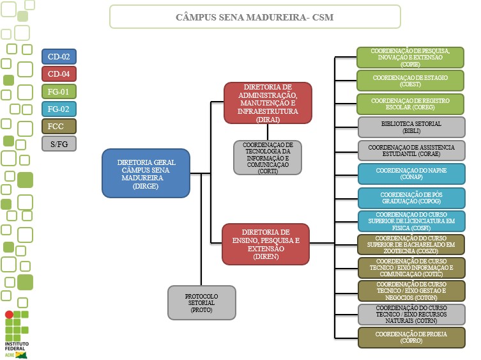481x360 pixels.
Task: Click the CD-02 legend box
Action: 59,56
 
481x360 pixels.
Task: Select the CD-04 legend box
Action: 59,74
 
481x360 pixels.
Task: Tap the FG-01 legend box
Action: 59,91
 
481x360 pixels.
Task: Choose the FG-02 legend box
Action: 59,109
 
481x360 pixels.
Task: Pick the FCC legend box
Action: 59,126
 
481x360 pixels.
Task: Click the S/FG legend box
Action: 59,143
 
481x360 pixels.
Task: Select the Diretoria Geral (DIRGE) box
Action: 146,173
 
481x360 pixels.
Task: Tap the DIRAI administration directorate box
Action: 268,102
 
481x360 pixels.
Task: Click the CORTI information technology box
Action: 268,157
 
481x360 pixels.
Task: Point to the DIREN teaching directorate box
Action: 266,243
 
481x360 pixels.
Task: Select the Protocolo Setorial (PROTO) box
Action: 201,302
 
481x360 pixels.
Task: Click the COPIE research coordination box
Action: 411,58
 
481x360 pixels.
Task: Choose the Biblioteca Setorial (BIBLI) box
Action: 411,127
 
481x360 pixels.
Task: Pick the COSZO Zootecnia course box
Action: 411,244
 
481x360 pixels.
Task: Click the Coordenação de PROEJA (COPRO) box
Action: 411,337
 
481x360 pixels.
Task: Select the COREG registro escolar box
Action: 411,104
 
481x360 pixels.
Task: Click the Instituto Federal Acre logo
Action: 17,333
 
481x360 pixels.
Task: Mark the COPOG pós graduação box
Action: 411,198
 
